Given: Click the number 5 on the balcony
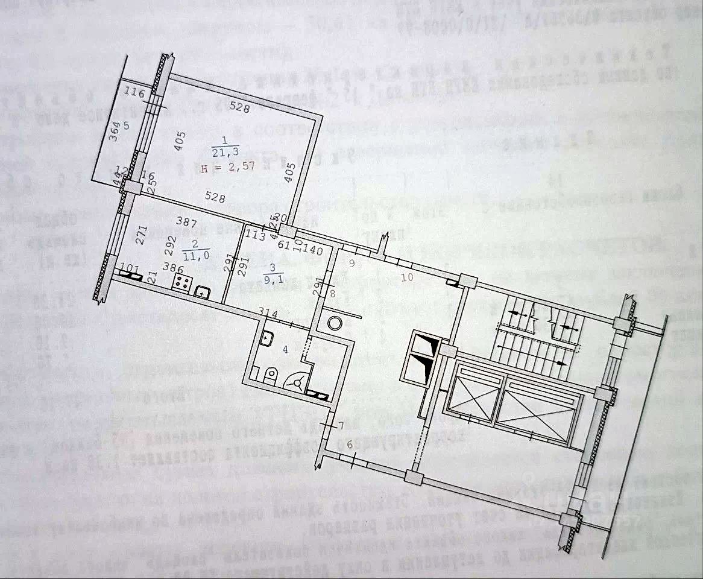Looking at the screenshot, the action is [127, 126].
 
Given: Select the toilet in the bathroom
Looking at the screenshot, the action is [271, 376].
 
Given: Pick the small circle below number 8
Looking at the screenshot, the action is [333, 323].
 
